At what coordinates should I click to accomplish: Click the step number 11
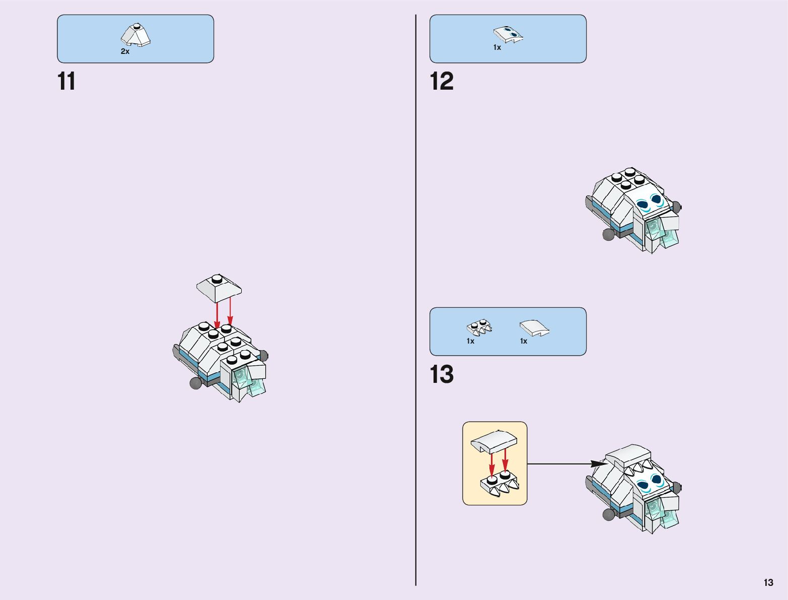pyautogui.click(x=66, y=82)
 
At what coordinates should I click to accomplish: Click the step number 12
pyautogui.click(x=442, y=82)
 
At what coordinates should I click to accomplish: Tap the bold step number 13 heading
pyautogui.click(x=442, y=375)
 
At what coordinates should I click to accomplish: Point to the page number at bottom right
pyautogui.click(x=768, y=583)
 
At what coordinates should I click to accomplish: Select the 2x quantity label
pyautogui.click(x=125, y=51)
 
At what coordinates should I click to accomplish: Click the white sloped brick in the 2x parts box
pyautogui.click(x=136, y=35)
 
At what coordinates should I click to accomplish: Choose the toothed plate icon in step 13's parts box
pyautogui.click(x=479, y=327)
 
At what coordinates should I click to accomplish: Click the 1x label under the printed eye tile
pyautogui.click(x=497, y=48)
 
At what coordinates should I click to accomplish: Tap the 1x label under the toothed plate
pyautogui.click(x=470, y=342)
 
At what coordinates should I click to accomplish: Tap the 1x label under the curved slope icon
pyautogui.click(x=524, y=342)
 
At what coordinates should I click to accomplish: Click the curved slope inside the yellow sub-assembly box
pyautogui.click(x=494, y=442)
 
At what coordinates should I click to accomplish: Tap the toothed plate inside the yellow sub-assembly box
pyautogui.click(x=498, y=484)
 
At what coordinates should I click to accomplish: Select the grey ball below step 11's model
pyautogui.click(x=196, y=383)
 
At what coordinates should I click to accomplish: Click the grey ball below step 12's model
pyautogui.click(x=609, y=234)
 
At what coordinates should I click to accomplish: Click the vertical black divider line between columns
pyautogui.click(x=416, y=302)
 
